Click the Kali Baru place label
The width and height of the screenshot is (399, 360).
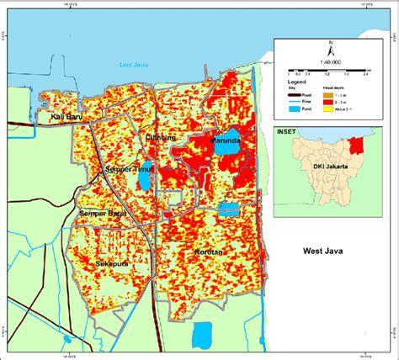point(67,116)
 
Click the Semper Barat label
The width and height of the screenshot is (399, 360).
point(103,214)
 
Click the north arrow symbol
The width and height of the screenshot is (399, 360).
point(332,43)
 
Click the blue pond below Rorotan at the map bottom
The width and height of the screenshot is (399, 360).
point(203,335)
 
